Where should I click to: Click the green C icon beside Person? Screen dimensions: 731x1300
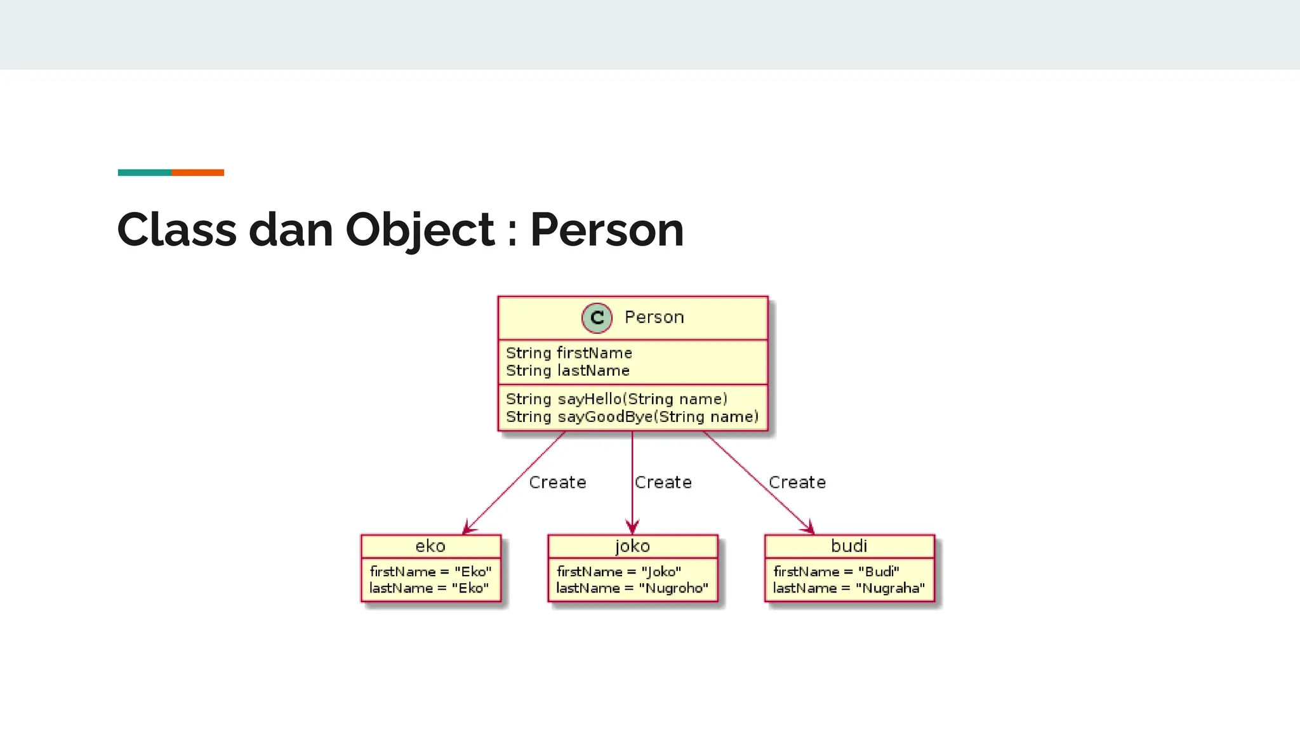(597, 318)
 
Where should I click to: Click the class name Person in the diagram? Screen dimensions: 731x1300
(654, 317)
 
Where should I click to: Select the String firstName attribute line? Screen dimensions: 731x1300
(569, 353)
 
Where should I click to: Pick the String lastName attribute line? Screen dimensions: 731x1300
(567, 371)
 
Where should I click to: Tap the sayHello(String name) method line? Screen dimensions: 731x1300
(616, 399)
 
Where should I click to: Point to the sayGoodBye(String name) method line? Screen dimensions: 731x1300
(632, 417)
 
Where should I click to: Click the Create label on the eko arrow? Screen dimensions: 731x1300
(557, 483)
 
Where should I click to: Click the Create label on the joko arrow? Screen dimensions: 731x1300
(663, 483)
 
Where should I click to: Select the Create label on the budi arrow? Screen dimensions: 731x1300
(797, 483)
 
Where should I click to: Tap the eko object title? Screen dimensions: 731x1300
(430, 546)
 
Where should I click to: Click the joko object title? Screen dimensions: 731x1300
(632, 546)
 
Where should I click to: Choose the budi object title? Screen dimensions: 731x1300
(849, 546)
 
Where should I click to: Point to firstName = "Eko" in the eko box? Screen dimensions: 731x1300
(430, 572)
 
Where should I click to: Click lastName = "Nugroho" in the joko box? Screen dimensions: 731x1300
(632, 588)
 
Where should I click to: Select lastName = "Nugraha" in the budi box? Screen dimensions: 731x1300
(849, 588)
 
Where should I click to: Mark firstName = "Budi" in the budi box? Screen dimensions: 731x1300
(836, 572)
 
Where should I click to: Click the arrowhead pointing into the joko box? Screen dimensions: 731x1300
(632, 528)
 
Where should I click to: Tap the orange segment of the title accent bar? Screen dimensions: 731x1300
(197, 173)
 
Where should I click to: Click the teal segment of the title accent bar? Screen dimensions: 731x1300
(144, 173)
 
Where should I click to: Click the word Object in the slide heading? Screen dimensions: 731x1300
(420, 230)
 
